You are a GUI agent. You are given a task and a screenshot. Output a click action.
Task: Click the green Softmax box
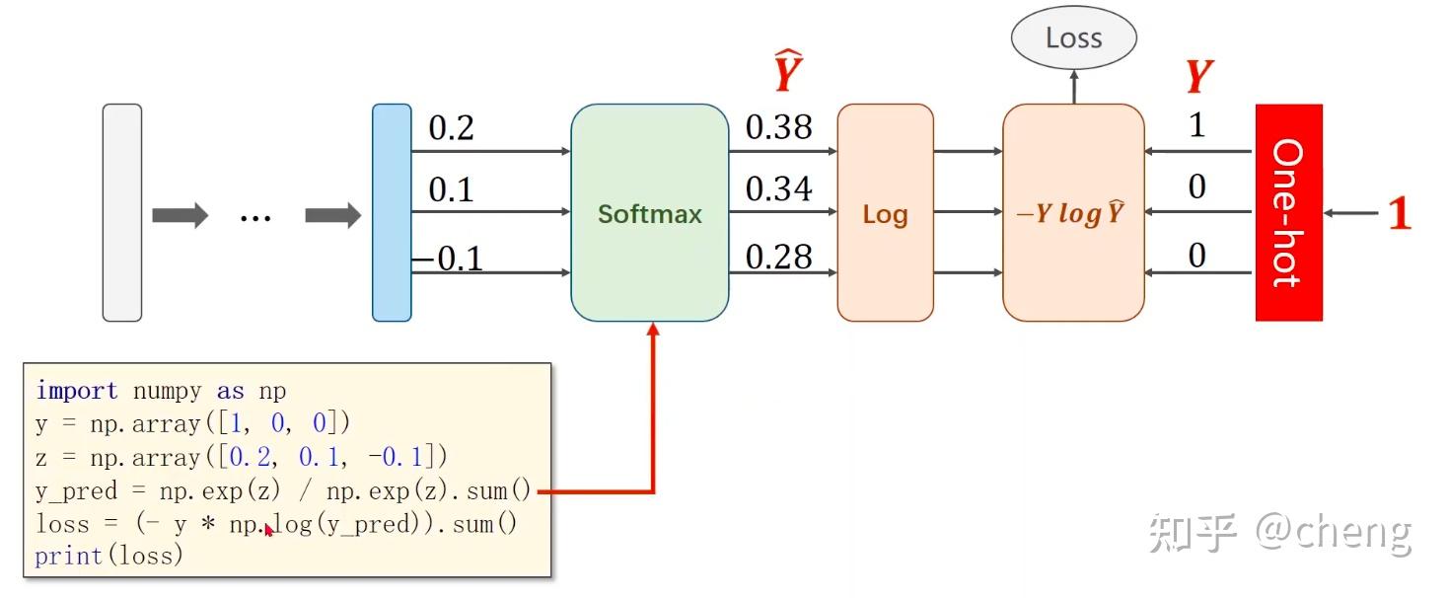(650, 213)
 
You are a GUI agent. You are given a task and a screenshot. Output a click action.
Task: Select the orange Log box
(885, 213)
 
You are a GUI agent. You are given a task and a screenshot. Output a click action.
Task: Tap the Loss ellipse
(1074, 37)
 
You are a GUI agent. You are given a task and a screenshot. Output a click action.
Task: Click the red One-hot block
(1289, 213)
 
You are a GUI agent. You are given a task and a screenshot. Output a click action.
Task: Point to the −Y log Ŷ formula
(1071, 213)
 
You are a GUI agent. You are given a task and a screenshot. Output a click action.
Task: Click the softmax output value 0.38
(779, 127)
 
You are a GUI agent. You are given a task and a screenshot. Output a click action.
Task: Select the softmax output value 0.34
(779, 188)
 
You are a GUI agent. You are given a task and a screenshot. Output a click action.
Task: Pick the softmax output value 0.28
(779, 257)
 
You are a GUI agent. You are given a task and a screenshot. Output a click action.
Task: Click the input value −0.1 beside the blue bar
(449, 259)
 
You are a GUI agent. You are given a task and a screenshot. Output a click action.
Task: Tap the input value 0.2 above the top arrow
(451, 127)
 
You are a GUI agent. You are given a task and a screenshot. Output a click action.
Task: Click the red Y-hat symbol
(789, 70)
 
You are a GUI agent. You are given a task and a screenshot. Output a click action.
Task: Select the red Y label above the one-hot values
(1199, 76)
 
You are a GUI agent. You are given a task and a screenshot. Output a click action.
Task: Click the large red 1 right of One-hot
(1400, 213)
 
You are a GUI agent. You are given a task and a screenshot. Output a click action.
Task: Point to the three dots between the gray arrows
(255, 218)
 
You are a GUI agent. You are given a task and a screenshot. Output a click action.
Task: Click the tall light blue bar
(392, 213)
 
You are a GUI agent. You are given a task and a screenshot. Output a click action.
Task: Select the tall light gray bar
(122, 213)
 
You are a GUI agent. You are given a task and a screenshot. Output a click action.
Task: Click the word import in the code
(77, 391)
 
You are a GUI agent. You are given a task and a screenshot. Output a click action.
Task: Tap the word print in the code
(68, 556)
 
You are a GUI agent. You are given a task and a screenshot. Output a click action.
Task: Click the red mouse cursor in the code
(269, 530)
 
